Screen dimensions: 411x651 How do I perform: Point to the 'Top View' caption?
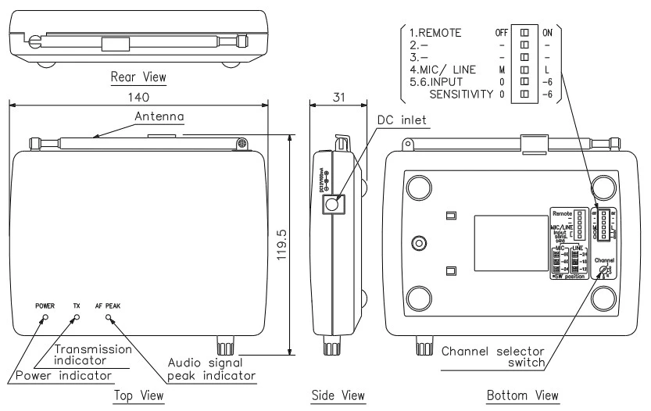[139, 396]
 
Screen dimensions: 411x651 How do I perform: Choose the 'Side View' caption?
[338, 396]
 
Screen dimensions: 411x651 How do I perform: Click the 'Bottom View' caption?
[523, 396]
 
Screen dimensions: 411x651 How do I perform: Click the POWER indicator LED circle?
[44, 318]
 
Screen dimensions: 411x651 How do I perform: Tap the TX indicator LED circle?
[76, 318]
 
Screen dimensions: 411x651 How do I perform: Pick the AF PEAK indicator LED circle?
[108, 318]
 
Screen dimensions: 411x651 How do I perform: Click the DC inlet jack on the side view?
[334, 205]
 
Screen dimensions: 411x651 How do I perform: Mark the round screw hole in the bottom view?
[419, 244]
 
